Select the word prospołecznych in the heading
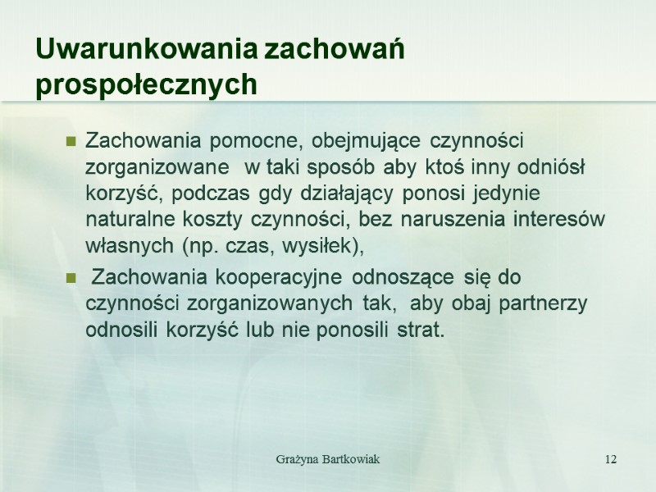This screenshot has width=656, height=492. (146, 84)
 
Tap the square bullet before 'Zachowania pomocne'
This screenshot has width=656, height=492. (71, 141)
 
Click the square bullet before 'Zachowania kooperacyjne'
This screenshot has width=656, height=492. (71, 277)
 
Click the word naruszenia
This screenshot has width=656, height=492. (388, 220)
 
